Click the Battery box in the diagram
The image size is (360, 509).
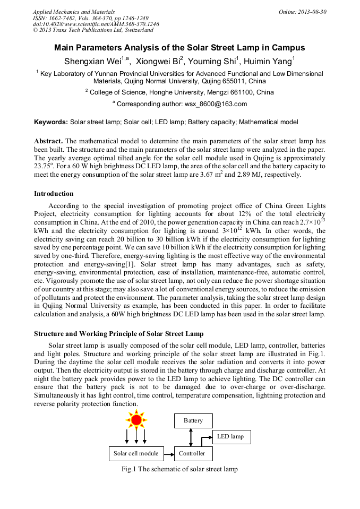[193, 421]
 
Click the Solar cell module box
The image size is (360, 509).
[136, 454]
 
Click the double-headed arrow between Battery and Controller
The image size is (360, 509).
[190, 437]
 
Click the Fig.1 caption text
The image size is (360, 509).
[179, 470]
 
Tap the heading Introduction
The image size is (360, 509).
[54, 194]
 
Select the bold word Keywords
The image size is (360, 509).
[51, 122]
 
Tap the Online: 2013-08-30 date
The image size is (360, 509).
[302, 12]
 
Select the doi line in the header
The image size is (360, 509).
[96, 24]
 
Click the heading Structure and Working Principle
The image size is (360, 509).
[118, 334]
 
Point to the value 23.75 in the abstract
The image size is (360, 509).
[42, 166]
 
